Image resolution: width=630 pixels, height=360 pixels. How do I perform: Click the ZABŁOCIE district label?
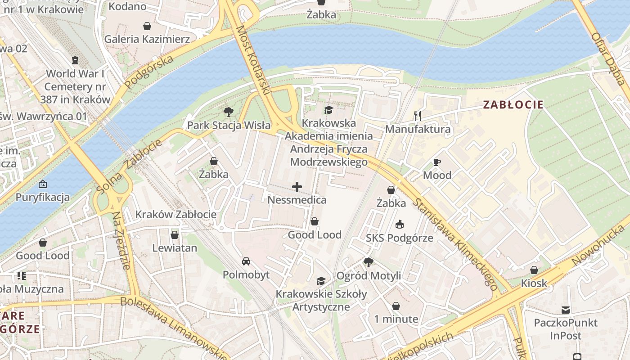[x=513, y=105]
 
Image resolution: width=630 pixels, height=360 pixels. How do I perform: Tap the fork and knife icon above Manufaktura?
[x=418, y=116]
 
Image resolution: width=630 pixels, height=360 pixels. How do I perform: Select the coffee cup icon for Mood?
[x=436, y=162]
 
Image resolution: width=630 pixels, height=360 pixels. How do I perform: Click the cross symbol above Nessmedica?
[x=297, y=187]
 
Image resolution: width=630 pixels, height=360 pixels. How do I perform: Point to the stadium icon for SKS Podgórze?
[x=399, y=224]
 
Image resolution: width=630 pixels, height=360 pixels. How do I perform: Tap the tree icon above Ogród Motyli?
[x=368, y=262]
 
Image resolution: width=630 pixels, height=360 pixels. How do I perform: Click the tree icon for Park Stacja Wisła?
[x=229, y=112]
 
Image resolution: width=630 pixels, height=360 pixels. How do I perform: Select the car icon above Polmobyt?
[x=246, y=261]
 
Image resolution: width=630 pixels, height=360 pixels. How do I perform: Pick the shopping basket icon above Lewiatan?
[x=175, y=234]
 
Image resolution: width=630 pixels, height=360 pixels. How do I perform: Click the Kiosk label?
[x=534, y=283]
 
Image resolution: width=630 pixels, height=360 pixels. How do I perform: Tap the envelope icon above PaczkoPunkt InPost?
[x=565, y=310]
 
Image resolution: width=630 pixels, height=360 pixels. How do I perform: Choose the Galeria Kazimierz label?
[x=147, y=39]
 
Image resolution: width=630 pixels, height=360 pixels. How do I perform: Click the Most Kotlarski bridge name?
[x=253, y=59]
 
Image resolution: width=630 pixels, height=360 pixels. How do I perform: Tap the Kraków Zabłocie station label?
[x=176, y=214]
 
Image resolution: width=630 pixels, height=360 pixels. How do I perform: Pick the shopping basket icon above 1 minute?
[x=396, y=306]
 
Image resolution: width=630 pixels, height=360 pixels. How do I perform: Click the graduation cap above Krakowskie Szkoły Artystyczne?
[x=321, y=281]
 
